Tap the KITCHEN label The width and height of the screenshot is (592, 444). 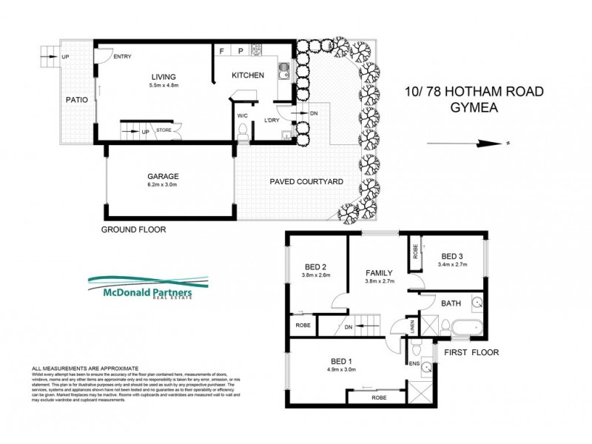[247, 75]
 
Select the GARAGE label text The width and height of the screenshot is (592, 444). [162, 176]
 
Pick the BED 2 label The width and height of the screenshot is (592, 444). [316, 267]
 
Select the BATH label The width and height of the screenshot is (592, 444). [451, 303]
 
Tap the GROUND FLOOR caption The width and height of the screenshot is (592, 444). [133, 230]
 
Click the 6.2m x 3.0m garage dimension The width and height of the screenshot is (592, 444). [162, 186]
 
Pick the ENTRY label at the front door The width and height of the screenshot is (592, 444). [122, 55]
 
